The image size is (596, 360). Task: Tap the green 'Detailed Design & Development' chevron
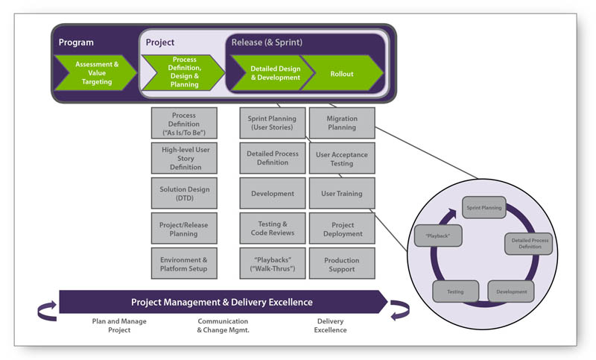[x=274, y=73]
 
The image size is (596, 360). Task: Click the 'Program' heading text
[x=76, y=42]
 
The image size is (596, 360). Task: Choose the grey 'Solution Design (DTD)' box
[x=183, y=193]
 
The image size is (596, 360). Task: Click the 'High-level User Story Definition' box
[x=183, y=158]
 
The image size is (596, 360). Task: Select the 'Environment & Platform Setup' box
[x=183, y=264]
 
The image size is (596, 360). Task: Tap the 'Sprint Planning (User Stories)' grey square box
[x=272, y=123]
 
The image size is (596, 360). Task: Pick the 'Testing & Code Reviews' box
[x=272, y=229]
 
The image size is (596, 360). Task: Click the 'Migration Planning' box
[x=342, y=123]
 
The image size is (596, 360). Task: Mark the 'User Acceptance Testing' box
[x=342, y=158]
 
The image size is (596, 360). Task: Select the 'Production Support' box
[x=342, y=264]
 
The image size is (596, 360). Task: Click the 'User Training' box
[x=342, y=193]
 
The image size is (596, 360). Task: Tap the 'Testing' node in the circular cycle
[x=455, y=291]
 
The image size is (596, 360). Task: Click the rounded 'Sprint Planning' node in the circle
[x=483, y=207]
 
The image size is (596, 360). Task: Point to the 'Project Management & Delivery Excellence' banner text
[x=221, y=302]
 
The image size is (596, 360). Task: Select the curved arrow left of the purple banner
[x=46, y=310]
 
